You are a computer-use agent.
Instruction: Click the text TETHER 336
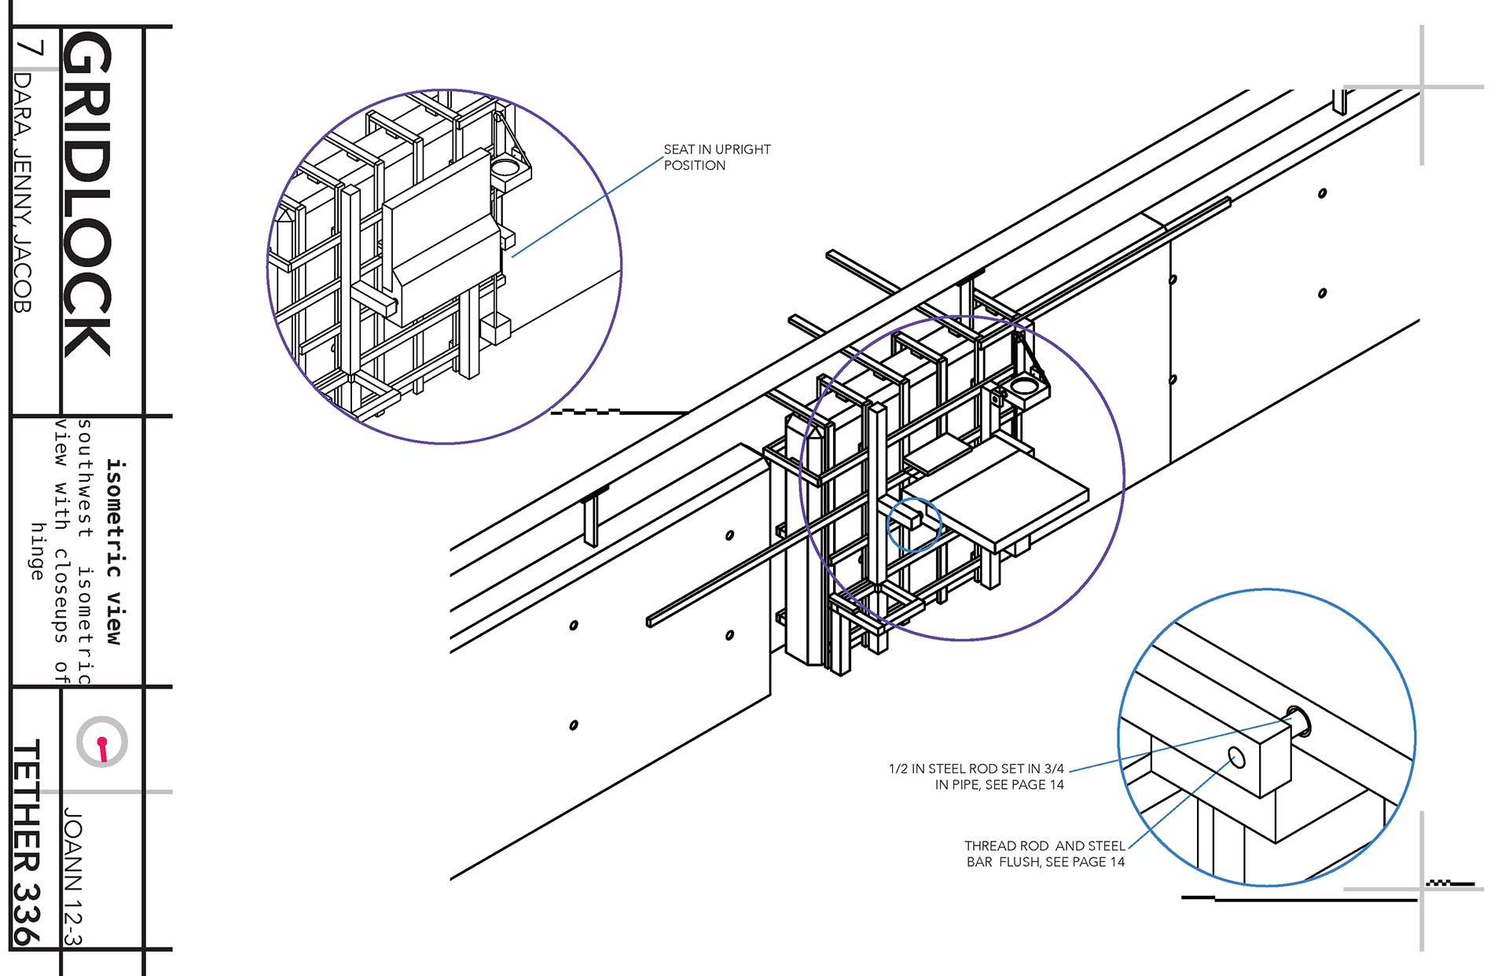point(27,841)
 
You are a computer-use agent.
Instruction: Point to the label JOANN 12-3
point(73,876)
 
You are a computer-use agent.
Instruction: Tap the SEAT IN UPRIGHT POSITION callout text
point(716,157)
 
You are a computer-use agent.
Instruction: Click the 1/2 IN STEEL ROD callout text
point(976,776)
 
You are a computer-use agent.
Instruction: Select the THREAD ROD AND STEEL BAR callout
point(1045,853)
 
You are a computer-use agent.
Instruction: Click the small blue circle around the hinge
point(914,524)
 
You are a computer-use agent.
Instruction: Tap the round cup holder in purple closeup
point(505,168)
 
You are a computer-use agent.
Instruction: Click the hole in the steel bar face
point(1236,758)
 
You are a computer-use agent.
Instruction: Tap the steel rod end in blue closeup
point(1298,721)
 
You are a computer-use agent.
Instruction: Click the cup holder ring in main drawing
point(1024,386)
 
